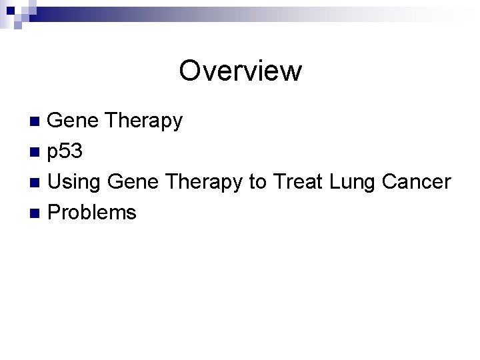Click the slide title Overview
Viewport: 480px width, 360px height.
[x=240, y=71]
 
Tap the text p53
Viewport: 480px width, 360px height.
[x=65, y=153]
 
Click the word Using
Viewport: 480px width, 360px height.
[x=75, y=183]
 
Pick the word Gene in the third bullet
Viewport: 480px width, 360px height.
[x=131, y=182]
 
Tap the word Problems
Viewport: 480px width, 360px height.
[x=92, y=213]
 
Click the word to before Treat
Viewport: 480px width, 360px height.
[x=258, y=183]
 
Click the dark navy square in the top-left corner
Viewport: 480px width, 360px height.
[x=5, y=5]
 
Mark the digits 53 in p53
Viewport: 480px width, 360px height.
[x=71, y=152]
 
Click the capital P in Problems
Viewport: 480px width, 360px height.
[x=55, y=213]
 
